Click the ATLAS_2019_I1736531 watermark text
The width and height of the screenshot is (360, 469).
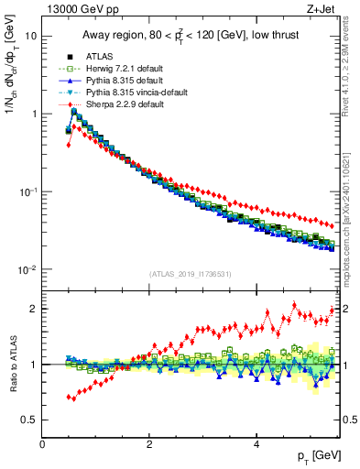pyautogui.click(x=191, y=274)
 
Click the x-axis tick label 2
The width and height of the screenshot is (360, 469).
pyautogui.click(x=149, y=444)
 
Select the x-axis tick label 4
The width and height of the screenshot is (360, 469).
pyautogui.click(x=256, y=444)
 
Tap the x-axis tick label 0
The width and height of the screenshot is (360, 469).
pyautogui.click(x=42, y=444)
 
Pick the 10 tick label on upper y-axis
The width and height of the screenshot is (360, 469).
pyautogui.click(x=30, y=36)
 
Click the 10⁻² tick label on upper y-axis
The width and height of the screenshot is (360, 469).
pyautogui.click(x=27, y=269)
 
